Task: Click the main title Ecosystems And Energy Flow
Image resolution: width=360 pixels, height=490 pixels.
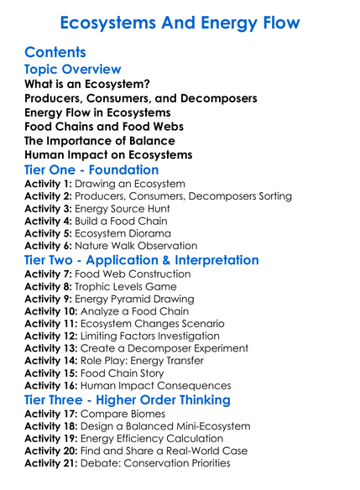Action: click(180, 22)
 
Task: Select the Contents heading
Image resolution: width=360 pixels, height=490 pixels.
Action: click(60, 53)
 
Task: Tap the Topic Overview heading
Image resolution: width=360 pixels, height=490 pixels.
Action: click(73, 70)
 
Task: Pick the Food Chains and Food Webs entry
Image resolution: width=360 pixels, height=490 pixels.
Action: click(104, 127)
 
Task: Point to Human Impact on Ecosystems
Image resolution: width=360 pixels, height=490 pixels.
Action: click(109, 155)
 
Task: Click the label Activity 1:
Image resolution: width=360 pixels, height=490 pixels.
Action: click(50, 184)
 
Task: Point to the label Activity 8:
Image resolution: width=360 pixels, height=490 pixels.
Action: click(50, 286)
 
